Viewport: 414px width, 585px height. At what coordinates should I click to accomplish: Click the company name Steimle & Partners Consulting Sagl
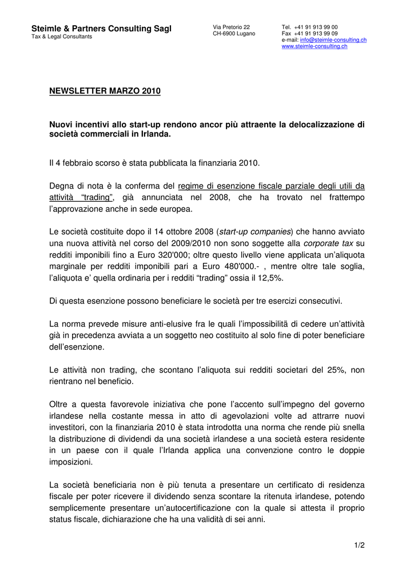pyautogui.click(x=101, y=29)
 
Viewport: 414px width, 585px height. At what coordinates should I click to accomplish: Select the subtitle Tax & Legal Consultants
pyautogui.click(x=61, y=37)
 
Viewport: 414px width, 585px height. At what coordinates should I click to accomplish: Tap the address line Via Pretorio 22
pyautogui.click(x=231, y=27)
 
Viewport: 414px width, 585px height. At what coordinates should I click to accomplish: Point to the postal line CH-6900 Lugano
pyautogui.click(x=234, y=34)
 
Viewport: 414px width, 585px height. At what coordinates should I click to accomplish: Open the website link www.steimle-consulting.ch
pyautogui.click(x=315, y=46)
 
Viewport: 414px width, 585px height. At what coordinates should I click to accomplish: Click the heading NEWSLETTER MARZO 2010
pyautogui.click(x=105, y=91)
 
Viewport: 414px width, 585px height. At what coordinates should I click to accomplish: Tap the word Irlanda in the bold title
pyautogui.click(x=155, y=134)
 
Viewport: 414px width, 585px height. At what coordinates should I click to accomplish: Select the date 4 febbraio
pyautogui.click(x=77, y=163)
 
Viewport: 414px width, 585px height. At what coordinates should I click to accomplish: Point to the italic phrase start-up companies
pyautogui.click(x=255, y=231)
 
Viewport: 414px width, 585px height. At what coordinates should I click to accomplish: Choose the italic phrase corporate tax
pyautogui.click(x=328, y=243)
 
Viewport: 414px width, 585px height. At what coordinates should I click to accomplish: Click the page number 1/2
pyautogui.click(x=359, y=545)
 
